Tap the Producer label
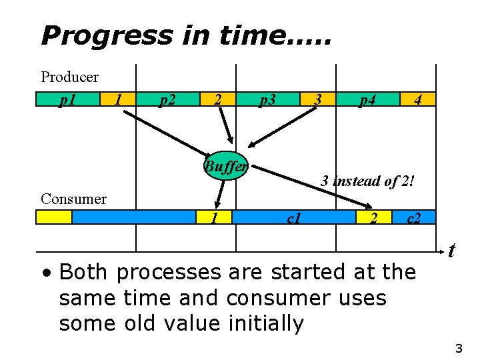(69, 77)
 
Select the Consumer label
(73, 199)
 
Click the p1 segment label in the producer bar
(67, 100)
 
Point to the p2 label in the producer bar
(167, 100)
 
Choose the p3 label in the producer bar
(268, 100)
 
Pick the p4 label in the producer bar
(367, 100)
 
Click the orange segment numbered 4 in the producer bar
(418, 100)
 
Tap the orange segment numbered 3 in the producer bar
(319, 100)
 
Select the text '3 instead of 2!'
(368, 180)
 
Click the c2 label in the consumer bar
(414, 217)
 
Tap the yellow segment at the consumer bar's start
(55, 217)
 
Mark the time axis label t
(451, 251)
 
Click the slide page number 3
(458, 348)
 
